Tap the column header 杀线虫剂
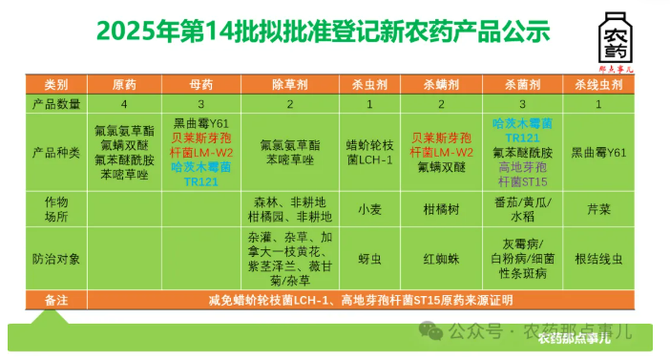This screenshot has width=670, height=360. click(598, 85)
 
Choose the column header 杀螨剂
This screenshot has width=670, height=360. click(442, 85)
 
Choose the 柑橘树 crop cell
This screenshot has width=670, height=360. click(442, 209)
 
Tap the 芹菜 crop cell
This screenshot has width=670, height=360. click(598, 209)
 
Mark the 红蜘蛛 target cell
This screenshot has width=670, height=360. click(442, 257)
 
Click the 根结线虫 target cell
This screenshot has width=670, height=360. click(598, 257)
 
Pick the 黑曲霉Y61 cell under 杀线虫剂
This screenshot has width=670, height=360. click(598, 153)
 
